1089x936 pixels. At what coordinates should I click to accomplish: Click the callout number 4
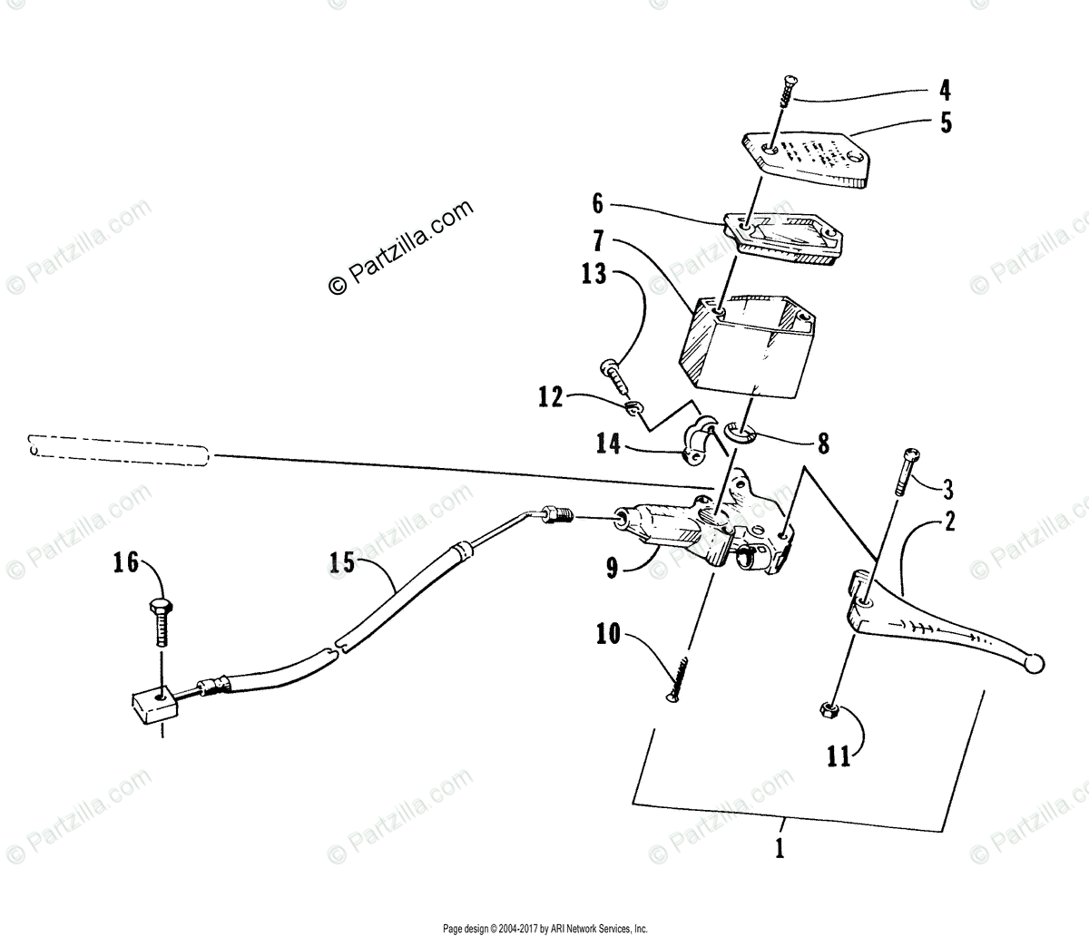point(945,91)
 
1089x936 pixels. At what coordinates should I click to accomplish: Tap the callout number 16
point(126,563)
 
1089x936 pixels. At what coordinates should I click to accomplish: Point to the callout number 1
point(781,851)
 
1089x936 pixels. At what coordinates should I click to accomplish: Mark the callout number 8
point(822,444)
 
